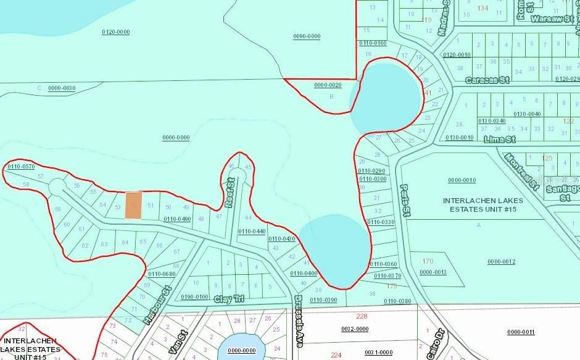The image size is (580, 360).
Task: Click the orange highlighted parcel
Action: [x=133, y=204]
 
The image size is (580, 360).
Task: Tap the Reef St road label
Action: [x=230, y=193]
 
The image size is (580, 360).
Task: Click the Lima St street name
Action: [x=499, y=140]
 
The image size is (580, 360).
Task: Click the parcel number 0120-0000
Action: [x=115, y=31]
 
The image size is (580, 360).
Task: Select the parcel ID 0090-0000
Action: [x=307, y=36]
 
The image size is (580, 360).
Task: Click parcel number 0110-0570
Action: [x=21, y=167]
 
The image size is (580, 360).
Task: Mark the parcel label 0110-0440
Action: [x=252, y=231]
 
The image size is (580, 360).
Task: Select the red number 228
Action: [x=362, y=317]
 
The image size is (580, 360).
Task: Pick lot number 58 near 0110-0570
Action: [x=26, y=185]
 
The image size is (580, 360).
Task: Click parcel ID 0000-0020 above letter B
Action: [x=328, y=85]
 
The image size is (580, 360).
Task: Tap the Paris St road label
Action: [x=405, y=201]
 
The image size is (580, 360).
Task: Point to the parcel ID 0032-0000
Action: [x=355, y=329]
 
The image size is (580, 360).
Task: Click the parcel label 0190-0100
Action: [x=194, y=297]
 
